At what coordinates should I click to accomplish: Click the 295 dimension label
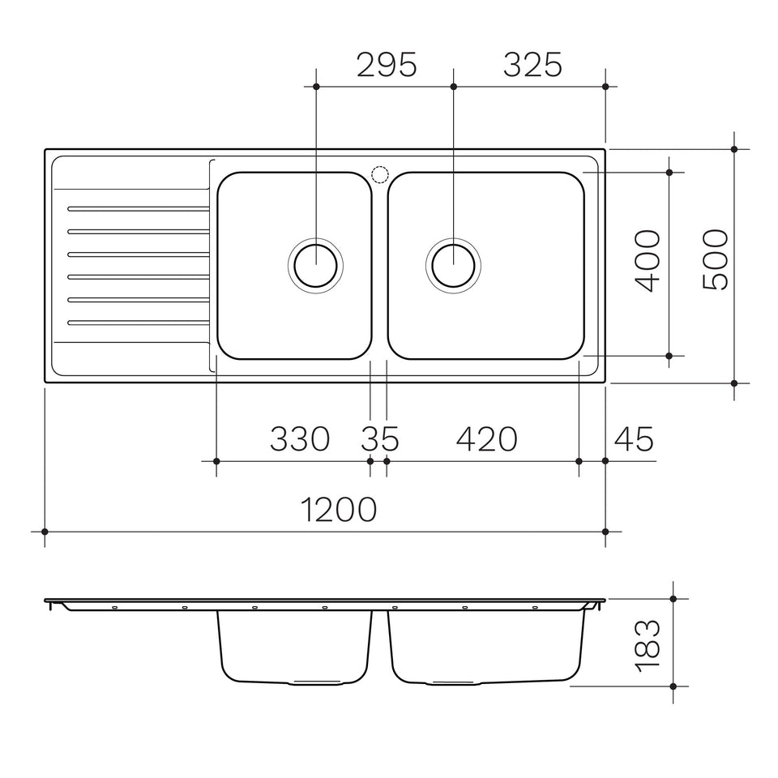[387, 65]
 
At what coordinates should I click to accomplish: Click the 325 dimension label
[532, 65]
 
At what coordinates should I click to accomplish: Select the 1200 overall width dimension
[339, 509]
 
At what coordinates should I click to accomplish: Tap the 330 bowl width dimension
[300, 438]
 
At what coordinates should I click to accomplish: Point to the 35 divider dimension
[379, 438]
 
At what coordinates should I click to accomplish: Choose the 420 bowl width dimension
[486, 438]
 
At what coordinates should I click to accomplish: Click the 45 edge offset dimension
[634, 438]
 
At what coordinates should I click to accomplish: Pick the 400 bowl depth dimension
[648, 260]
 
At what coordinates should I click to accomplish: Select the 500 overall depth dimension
[716, 259]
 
